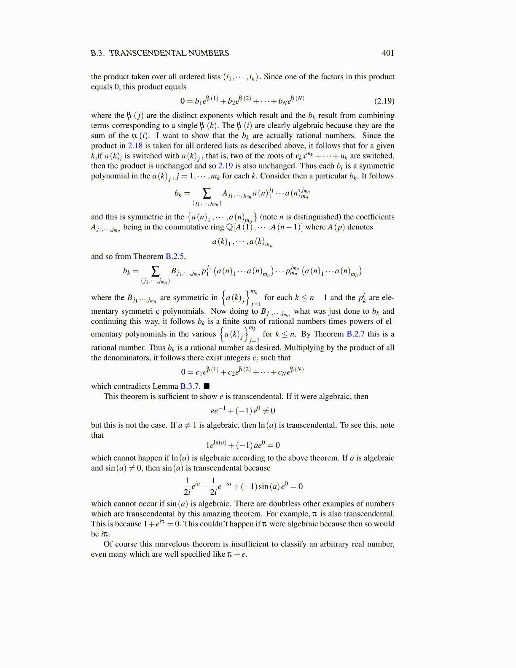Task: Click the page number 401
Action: point(388,53)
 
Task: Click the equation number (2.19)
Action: point(384,101)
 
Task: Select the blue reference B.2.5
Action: point(175,256)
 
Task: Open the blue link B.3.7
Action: point(190,386)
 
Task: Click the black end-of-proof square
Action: point(207,386)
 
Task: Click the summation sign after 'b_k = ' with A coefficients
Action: point(207,193)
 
